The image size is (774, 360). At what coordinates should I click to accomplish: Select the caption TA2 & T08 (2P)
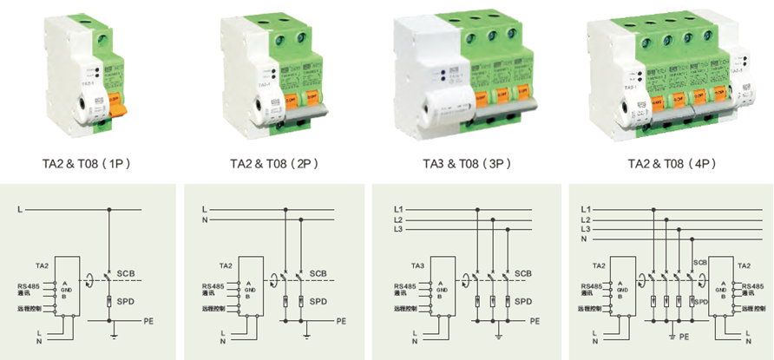(x=275, y=162)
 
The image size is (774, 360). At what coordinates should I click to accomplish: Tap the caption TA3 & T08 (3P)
(x=467, y=162)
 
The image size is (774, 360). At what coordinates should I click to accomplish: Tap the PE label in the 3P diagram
(x=535, y=321)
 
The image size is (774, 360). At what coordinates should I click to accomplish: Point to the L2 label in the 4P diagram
(x=586, y=220)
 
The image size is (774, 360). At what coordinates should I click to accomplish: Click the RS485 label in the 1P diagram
(x=29, y=285)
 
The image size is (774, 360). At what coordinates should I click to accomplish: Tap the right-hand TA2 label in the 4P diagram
(x=744, y=265)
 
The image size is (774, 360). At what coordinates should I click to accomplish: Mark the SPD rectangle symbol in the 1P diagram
(x=109, y=302)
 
